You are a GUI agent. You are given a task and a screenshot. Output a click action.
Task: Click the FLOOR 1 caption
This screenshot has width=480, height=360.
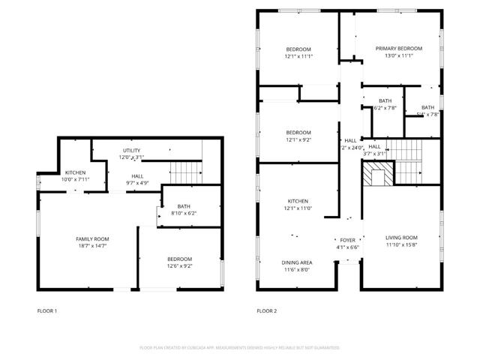coord(47,310)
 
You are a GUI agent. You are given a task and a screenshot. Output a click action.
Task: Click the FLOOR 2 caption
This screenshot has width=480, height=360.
coord(266,310)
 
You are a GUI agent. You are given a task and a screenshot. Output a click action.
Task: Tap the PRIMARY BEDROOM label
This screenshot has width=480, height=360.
coord(398,49)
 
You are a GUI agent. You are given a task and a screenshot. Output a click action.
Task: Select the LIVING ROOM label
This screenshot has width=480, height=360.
coord(401,238)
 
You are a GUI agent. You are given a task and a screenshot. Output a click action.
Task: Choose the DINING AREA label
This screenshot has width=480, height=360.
coord(297,262)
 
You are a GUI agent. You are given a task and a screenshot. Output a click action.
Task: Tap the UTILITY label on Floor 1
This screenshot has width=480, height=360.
coord(131,151)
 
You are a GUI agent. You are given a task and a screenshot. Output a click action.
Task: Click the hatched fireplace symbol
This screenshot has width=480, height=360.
coord(378,175)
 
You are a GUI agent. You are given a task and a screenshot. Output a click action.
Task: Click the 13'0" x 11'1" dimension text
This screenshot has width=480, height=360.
coord(398,56)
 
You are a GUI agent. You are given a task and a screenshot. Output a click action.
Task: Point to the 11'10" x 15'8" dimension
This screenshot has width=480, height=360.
coord(401,245)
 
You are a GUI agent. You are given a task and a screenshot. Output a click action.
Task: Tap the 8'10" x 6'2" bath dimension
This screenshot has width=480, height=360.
coord(184,214)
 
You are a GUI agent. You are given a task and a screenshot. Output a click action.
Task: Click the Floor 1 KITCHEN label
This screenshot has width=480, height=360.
coord(75,172)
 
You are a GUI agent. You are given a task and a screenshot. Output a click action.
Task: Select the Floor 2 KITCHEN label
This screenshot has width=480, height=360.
coord(298,201)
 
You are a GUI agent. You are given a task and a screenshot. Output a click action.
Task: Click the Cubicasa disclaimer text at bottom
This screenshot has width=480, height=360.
coord(240,348)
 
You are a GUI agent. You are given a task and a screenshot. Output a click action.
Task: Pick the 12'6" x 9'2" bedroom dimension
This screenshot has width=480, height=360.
coord(179,266)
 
